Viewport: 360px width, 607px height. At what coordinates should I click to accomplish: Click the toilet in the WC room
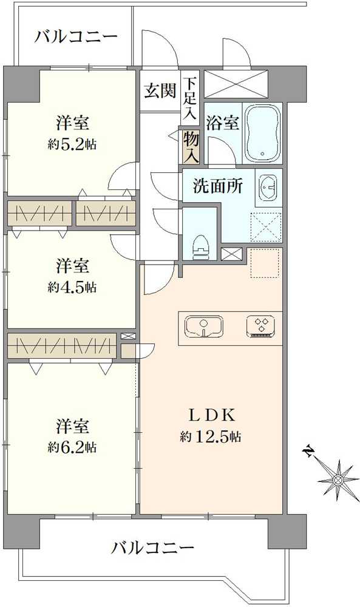200,246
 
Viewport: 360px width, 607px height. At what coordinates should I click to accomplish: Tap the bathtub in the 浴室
263,134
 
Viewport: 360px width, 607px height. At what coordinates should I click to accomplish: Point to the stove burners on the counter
262,327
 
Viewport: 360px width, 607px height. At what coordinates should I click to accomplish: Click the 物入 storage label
191,148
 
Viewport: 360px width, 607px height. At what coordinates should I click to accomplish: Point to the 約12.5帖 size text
211,436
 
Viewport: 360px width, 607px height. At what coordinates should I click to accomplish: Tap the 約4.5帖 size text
73,286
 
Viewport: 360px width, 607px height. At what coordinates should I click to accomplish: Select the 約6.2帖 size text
74,447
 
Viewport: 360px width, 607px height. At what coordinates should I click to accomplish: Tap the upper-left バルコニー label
75,36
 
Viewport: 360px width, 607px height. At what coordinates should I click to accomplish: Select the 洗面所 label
218,186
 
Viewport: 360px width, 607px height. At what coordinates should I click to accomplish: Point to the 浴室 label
222,123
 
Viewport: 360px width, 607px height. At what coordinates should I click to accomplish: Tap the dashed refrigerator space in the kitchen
266,263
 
